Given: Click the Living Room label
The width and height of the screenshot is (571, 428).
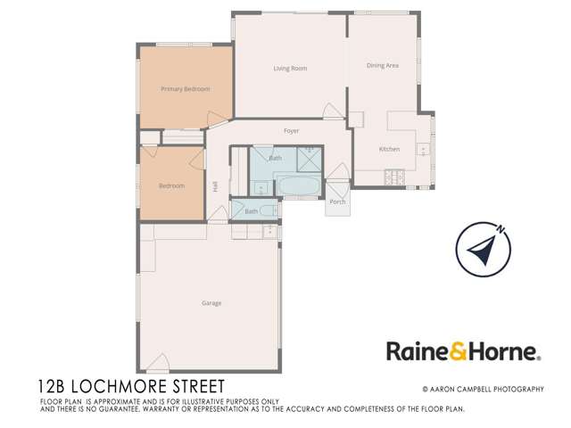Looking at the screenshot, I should coord(290,69).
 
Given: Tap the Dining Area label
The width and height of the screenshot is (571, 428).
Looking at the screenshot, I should coord(382,66).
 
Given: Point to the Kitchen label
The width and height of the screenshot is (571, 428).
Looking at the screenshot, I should coord(389,149).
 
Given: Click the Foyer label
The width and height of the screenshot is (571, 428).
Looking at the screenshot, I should coord(291,131).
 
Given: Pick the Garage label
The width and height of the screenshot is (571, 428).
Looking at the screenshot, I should coord(211,303).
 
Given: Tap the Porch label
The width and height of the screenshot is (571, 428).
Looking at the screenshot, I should coord(337,202).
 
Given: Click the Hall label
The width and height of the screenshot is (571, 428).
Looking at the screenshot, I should coord(215,186).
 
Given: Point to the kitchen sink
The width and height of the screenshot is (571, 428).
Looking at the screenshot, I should coord(425,148).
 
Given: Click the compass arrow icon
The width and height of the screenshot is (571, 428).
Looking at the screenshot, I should coord(483,251).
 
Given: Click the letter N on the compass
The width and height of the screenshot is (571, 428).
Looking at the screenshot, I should coord(503,229).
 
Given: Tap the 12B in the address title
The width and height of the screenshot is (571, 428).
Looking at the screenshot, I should coord(56,387).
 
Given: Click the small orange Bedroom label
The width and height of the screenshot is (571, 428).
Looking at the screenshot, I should coord(171,185).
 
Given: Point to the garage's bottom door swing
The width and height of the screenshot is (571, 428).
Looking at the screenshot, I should coord(157,364).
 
